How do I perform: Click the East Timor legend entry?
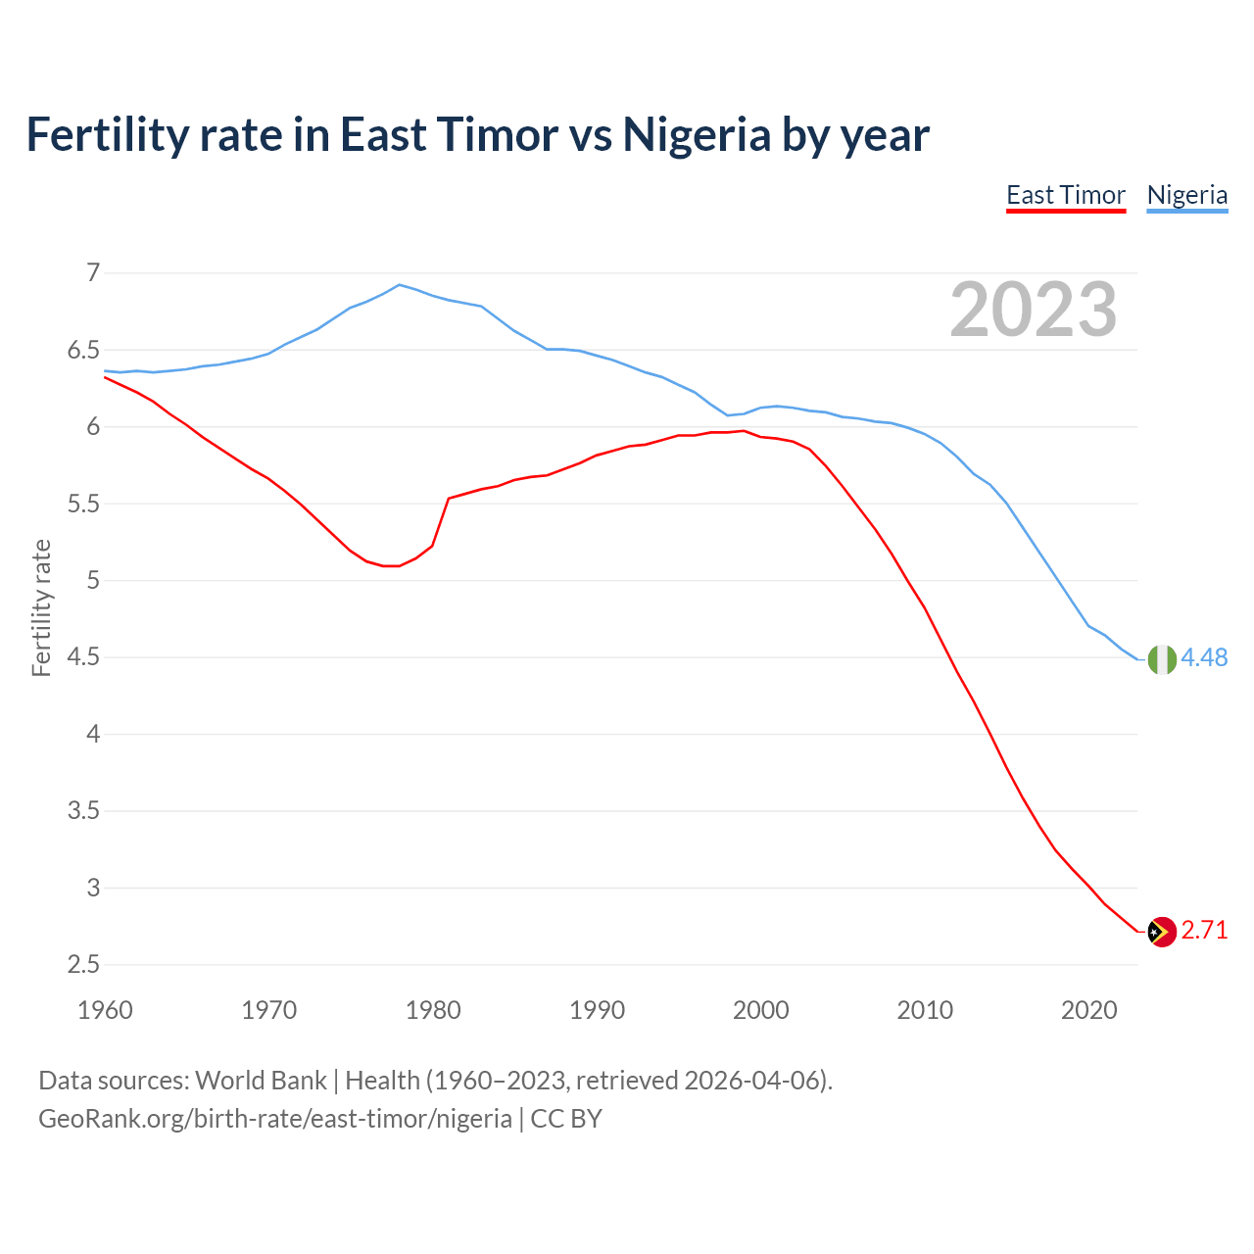pyautogui.click(x=1066, y=195)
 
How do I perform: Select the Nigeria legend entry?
pyautogui.click(x=1186, y=195)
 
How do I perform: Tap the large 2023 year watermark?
pyautogui.click(x=1034, y=310)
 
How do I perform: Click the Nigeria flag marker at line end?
pyautogui.click(x=1162, y=659)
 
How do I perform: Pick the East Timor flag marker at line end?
pyautogui.click(x=1162, y=932)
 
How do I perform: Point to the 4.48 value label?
pyautogui.click(x=1204, y=657)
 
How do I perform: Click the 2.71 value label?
pyautogui.click(x=1204, y=930)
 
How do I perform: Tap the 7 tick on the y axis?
pyautogui.click(x=93, y=272)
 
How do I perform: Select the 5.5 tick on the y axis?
pyautogui.click(x=84, y=504)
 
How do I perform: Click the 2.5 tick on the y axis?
pyautogui.click(x=84, y=965)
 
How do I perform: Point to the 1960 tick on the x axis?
pyautogui.click(x=105, y=1010)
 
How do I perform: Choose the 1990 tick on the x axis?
pyautogui.click(x=597, y=1010)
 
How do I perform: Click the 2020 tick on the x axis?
pyautogui.click(x=1088, y=1010)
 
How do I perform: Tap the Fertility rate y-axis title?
pyautogui.click(x=41, y=607)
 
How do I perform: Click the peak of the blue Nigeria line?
pyautogui.click(x=399, y=285)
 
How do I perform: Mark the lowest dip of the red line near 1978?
pyautogui.click(x=392, y=565)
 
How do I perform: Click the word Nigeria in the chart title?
pyautogui.click(x=697, y=134)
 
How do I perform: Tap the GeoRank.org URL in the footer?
pyautogui.click(x=274, y=1119)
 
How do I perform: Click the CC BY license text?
pyautogui.click(x=566, y=1119)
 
